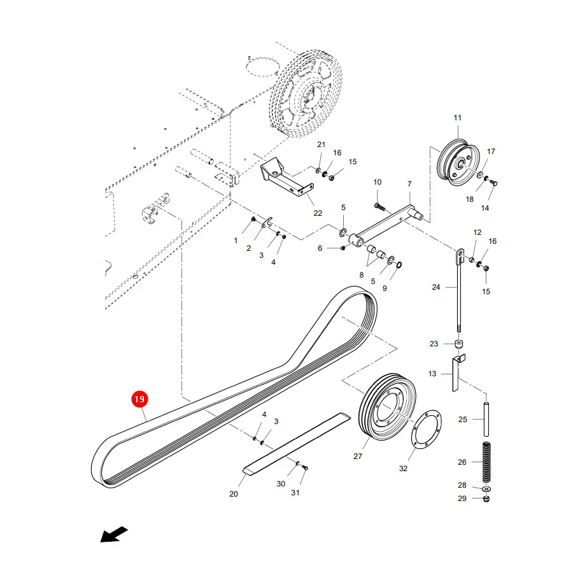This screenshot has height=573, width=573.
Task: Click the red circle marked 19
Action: [139, 399]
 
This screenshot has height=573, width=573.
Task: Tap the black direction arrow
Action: [114, 535]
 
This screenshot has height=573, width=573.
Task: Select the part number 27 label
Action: [358, 456]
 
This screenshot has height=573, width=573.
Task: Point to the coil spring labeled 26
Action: [486, 462]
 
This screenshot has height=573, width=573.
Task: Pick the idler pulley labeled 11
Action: [458, 161]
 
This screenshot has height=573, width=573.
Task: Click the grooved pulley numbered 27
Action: [387, 407]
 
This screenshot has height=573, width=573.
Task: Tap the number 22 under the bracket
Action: [318, 213]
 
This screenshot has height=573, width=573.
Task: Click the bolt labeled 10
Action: [379, 207]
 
